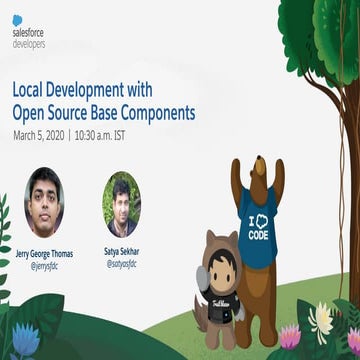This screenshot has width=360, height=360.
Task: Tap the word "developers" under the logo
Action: tap(28, 45)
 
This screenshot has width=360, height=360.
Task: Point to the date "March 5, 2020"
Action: tap(38, 134)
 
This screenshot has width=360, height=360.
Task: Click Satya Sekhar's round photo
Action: tap(121, 203)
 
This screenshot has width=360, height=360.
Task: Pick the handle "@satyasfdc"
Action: tap(121, 266)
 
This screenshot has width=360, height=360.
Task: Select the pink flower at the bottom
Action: tap(291, 337)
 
